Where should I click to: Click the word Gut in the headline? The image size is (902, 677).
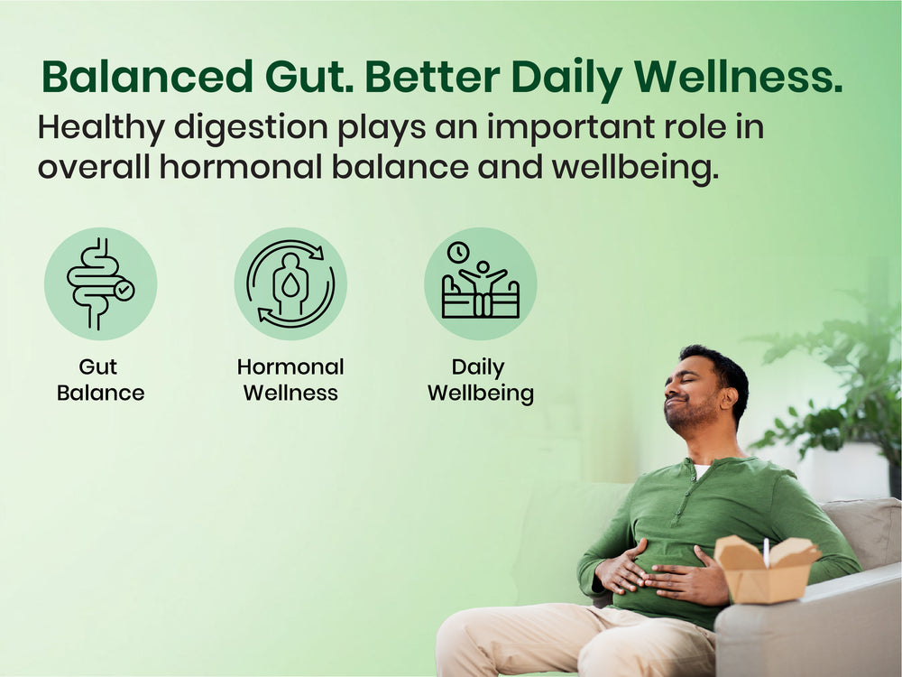tap(308, 77)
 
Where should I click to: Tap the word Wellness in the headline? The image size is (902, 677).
tap(738, 77)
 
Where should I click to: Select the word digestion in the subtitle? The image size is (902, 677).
tap(251, 128)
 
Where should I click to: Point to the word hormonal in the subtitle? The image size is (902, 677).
tap(241, 167)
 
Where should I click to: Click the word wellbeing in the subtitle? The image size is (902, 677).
tap(635, 168)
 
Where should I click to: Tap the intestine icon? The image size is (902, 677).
tap(97, 283)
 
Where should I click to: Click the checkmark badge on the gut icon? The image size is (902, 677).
tap(124, 290)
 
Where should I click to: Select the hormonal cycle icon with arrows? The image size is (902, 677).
tap(290, 283)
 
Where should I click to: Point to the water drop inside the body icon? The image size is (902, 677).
tap(290, 284)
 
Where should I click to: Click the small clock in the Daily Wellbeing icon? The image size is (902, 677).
tap(458, 252)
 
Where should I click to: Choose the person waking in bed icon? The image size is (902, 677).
tap(481, 289)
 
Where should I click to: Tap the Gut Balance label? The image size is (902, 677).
tap(100, 380)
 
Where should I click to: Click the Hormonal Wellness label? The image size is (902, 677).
tap(290, 380)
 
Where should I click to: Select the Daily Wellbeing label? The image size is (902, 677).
tap(481, 381)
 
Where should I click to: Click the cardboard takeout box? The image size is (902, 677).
tap(766, 570)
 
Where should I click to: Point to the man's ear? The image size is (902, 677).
tap(730, 398)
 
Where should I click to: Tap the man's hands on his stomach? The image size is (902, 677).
tap(661, 573)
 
